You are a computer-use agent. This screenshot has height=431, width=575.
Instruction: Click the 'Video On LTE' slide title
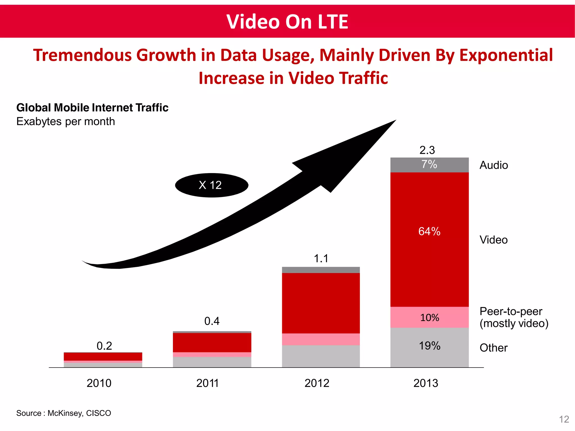coord(287,22)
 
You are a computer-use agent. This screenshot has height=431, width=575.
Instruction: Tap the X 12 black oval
coord(211,185)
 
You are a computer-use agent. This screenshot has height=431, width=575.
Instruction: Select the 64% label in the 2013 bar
coord(429,231)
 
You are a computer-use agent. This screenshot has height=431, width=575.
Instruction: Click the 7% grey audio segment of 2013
coord(429,165)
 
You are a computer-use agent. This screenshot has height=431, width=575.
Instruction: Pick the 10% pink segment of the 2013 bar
coord(429,318)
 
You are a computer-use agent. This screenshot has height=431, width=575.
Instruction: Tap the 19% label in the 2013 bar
coord(429,346)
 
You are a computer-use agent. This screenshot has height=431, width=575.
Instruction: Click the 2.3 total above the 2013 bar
coord(427,150)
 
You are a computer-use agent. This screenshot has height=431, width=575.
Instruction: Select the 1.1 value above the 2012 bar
coord(321,259)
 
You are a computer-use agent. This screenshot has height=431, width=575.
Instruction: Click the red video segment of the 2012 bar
coord(321,303)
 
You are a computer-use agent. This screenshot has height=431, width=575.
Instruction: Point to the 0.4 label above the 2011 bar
coord(212,321)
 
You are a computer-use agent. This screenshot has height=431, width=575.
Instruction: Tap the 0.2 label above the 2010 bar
coord(104,346)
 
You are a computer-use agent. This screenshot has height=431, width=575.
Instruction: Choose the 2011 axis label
coord(207,383)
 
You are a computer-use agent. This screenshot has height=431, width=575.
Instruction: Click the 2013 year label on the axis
coord(426,383)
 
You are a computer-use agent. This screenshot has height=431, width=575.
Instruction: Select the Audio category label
coord(494,165)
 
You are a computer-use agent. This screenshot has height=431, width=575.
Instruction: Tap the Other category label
coord(493,348)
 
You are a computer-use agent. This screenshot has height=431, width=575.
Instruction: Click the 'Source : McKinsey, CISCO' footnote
coord(64,413)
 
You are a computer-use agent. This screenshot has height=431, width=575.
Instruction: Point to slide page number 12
coord(564,419)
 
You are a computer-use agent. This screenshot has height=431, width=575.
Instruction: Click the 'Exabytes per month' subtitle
coord(66,121)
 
